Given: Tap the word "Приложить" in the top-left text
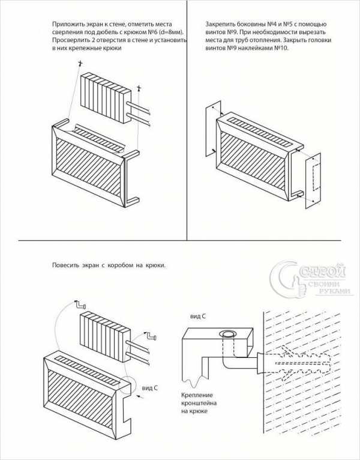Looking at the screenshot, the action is pos(65,25).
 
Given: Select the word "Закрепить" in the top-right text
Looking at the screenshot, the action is pos(218,25).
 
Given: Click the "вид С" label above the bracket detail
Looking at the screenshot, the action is pos(197,317).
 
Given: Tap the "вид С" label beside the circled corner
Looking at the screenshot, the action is pos(150,388).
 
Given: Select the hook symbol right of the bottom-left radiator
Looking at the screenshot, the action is pos(151,336).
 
